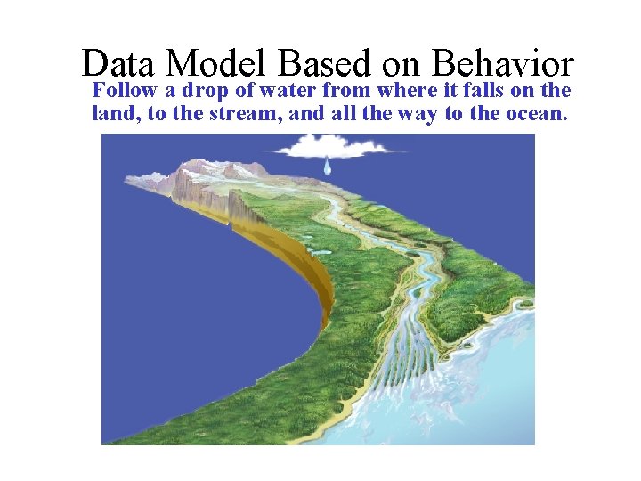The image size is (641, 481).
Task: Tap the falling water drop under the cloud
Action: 328,167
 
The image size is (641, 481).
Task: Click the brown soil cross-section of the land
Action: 303,276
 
